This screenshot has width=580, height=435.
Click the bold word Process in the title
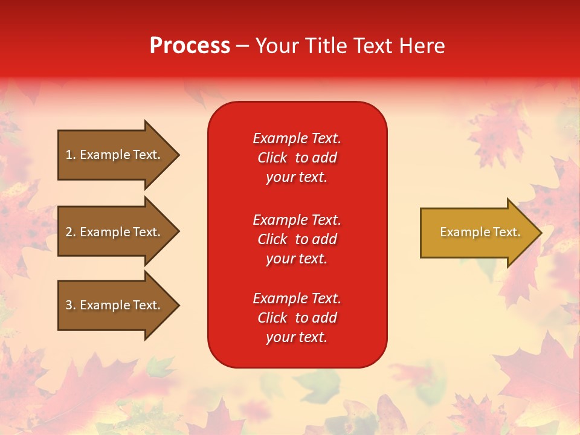coord(190,46)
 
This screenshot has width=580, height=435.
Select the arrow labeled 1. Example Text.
coord(115,155)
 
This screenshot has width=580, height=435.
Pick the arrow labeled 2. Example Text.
coord(115,232)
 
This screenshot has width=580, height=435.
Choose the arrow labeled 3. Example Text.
coord(115,305)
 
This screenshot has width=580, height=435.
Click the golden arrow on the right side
coord(477,233)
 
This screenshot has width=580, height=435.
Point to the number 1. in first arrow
coord(71,155)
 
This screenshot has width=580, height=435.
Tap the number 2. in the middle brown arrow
coord(71,232)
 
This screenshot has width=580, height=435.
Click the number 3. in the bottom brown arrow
coord(71,305)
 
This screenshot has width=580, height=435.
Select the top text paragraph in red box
coord(297,158)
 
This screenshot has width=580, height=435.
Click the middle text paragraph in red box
coord(297,239)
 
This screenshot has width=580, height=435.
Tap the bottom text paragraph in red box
coord(297,318)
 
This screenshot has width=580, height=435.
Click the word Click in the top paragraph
coord(272,158)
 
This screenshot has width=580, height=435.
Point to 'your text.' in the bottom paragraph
coord(297,337)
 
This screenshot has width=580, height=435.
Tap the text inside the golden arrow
coord(480,232)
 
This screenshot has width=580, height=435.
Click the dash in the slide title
coord(243,46)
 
